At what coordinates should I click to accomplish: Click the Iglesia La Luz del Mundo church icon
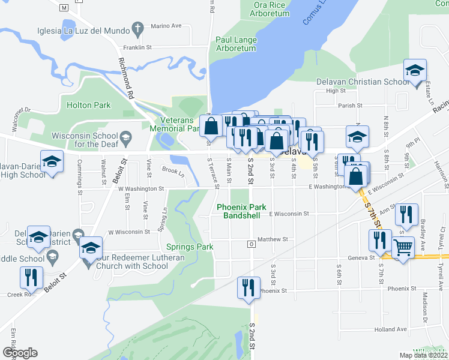[138, 28]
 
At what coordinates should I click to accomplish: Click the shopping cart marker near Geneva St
[403, 247]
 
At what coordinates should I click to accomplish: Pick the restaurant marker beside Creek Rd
[31, 277]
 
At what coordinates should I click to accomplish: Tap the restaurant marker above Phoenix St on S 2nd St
[248, 287]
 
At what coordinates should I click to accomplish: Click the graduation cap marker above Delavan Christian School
[415, 70]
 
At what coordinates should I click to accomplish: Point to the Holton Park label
[89, 105]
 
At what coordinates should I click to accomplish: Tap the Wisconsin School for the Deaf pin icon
[125, 139]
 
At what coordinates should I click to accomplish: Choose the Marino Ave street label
[166, 26]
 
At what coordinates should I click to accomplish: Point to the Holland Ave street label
[391, 329]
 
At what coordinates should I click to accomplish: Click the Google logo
[20, 353]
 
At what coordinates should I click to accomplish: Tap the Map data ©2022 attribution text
[423, 355]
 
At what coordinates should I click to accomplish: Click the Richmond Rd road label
[125, 78]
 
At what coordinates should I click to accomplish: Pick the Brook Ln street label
[173, 172]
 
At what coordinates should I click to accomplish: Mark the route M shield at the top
[64, 7]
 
